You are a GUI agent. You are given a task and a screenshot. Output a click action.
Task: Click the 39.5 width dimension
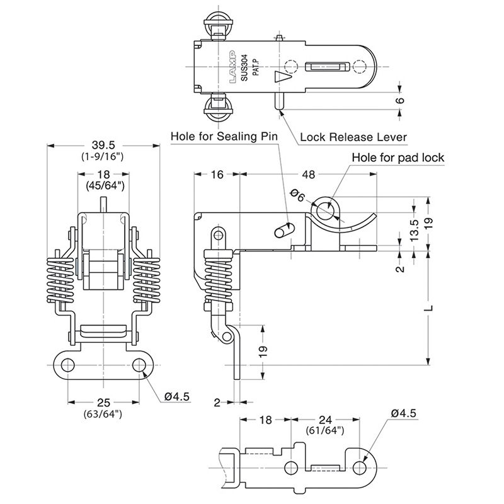coord(104,144)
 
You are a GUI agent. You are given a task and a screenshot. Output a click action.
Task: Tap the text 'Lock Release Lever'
coord(353,137)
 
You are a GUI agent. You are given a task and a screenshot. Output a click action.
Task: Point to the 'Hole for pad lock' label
coord(398,157)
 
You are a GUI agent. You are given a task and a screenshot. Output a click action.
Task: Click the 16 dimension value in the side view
coord(215,175)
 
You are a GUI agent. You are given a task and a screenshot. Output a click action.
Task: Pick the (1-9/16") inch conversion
coord(104,155)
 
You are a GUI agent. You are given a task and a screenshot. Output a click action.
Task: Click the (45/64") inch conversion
coord(104,185)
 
